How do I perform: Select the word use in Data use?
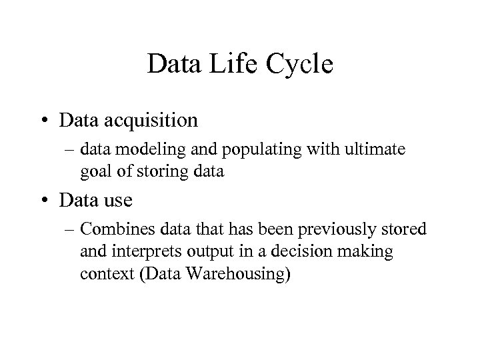[118, 199]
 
